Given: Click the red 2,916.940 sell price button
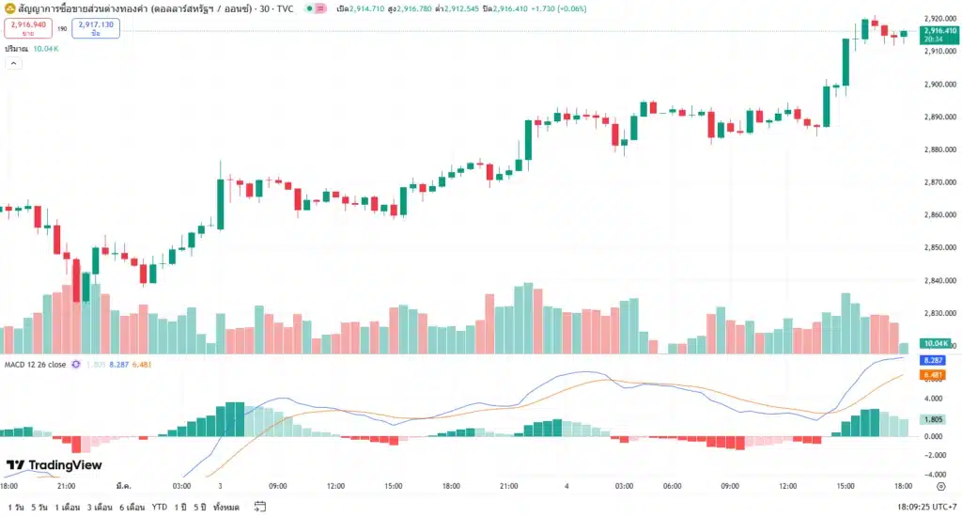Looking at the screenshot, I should pyautogui.click(x=26, y=28).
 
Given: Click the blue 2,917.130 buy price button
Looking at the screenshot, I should pyautogui.click(x=96, y=28).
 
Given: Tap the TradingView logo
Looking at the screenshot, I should pyautogui.click(x=54, y=465).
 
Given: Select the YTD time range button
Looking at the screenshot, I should pyautogui.click(x=160, y=507).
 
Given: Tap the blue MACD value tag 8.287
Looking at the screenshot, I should pyautogui.click(x=934, y=361).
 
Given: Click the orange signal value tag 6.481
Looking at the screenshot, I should pyautogui.click(x=934, y=375).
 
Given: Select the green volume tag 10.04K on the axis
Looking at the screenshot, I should pyautogui.click(x=935, y=344).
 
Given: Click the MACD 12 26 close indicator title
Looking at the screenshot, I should pyautogui.click(x=35, y=364).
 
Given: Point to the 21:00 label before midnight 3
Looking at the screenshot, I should pyautogui.click(x=67, y=486).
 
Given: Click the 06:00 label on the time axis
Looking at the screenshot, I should pyautogui.click(x=672, y=486).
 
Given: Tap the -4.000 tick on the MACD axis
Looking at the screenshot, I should pyautogui.click(x=936, y=473).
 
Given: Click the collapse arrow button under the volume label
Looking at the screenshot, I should pyautogui.click(x=13, y=63).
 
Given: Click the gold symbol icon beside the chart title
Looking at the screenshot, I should pyautogui.click(x=8, y=8).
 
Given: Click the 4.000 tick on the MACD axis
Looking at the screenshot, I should pyautogui.click(x=936, y=399).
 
